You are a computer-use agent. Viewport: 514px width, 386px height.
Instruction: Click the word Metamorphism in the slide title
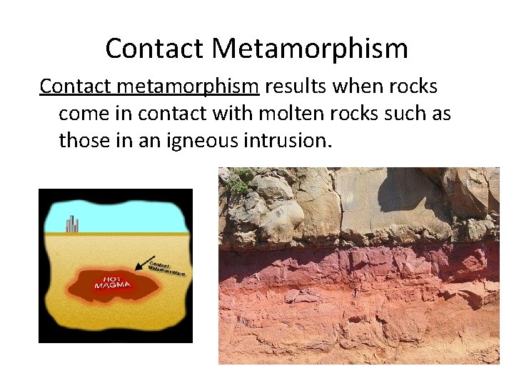pyautogui.click(x=310, y=49)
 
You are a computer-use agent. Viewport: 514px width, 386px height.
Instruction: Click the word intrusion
pyautogui.click(x=294, y=141)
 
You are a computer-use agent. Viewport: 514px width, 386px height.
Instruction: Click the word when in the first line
pyautogui.click(x=359, y=86)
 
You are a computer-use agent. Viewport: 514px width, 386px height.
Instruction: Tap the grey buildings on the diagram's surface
pyautogui.click(x=71, y=224)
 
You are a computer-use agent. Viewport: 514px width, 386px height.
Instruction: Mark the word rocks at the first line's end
pyautogui.click(x=414, y=86)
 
